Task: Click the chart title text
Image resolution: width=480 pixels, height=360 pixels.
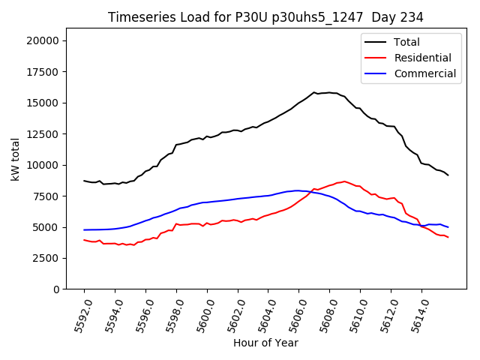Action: click(265, 17)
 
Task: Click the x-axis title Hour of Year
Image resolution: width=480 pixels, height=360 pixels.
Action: click(265, 343)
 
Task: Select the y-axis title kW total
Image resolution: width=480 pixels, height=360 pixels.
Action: click(15, 164)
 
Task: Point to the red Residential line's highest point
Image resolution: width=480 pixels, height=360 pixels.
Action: click(344, 181)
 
